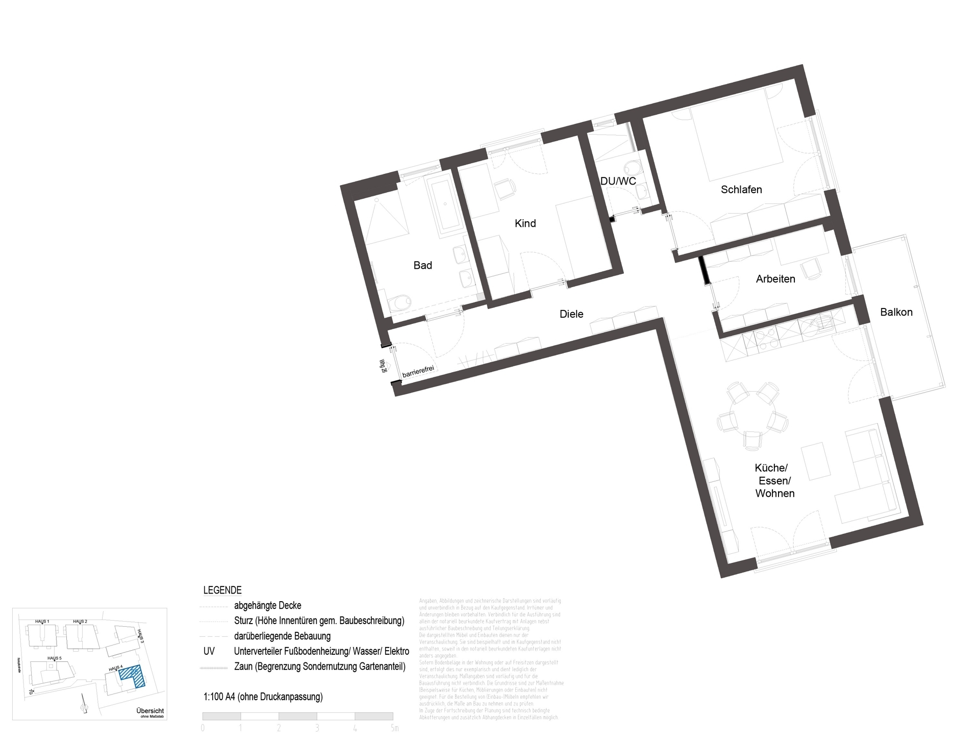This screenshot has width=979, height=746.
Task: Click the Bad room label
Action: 422,265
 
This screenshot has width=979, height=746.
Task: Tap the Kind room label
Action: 525,223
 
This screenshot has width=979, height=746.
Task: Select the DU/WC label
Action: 618,182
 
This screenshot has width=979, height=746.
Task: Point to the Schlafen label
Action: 741,190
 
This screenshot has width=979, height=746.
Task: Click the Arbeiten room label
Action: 775,279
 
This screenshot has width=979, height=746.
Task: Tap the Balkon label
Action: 896,312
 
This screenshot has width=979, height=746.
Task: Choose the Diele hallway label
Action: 571,314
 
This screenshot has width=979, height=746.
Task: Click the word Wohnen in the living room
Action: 774,494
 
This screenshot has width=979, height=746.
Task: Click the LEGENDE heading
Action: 222,590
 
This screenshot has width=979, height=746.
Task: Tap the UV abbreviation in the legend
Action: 209,651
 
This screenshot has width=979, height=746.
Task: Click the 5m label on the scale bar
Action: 394,728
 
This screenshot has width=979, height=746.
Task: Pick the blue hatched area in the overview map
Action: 132,676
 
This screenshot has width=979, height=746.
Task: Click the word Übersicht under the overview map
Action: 150,711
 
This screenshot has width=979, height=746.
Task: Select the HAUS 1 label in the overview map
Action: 42,621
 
